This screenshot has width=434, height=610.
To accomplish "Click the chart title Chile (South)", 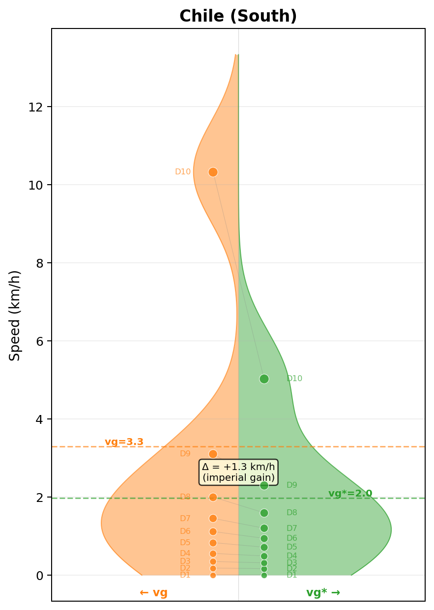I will tap(238, 16).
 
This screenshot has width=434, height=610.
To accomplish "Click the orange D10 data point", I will tap(213, 172).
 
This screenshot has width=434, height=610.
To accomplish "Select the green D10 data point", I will tap(264, 379).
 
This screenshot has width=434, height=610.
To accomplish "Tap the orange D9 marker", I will tap(213, 454).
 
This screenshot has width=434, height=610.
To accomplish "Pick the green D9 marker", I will tap(264, 485).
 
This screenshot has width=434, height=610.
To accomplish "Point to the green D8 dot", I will tap(264, 513).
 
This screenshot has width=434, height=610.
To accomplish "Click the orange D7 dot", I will tap(213, 518).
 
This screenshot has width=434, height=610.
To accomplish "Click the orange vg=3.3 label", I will tap(124, 442).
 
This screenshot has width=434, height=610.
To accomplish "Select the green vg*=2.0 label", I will tap(350, 494).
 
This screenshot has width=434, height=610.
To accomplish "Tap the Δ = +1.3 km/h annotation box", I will tap(238, 472).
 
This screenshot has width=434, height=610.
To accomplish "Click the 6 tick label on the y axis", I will tap(39, 341).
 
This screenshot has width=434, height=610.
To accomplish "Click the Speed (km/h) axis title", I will tap(15, 315).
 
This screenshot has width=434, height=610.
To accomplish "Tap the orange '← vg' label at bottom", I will tap(153, 592).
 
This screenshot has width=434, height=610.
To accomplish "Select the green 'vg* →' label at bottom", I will tap(323, 592).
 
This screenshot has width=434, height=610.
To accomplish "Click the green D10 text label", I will tap(294, 379).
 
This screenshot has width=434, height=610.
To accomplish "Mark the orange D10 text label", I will tap(183, 172).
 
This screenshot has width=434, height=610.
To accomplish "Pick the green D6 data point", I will tap(264, 538).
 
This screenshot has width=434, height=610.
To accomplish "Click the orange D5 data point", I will tap(213, 543).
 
